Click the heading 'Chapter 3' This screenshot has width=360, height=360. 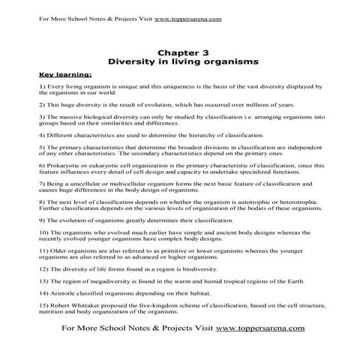[x=179, y=52]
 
